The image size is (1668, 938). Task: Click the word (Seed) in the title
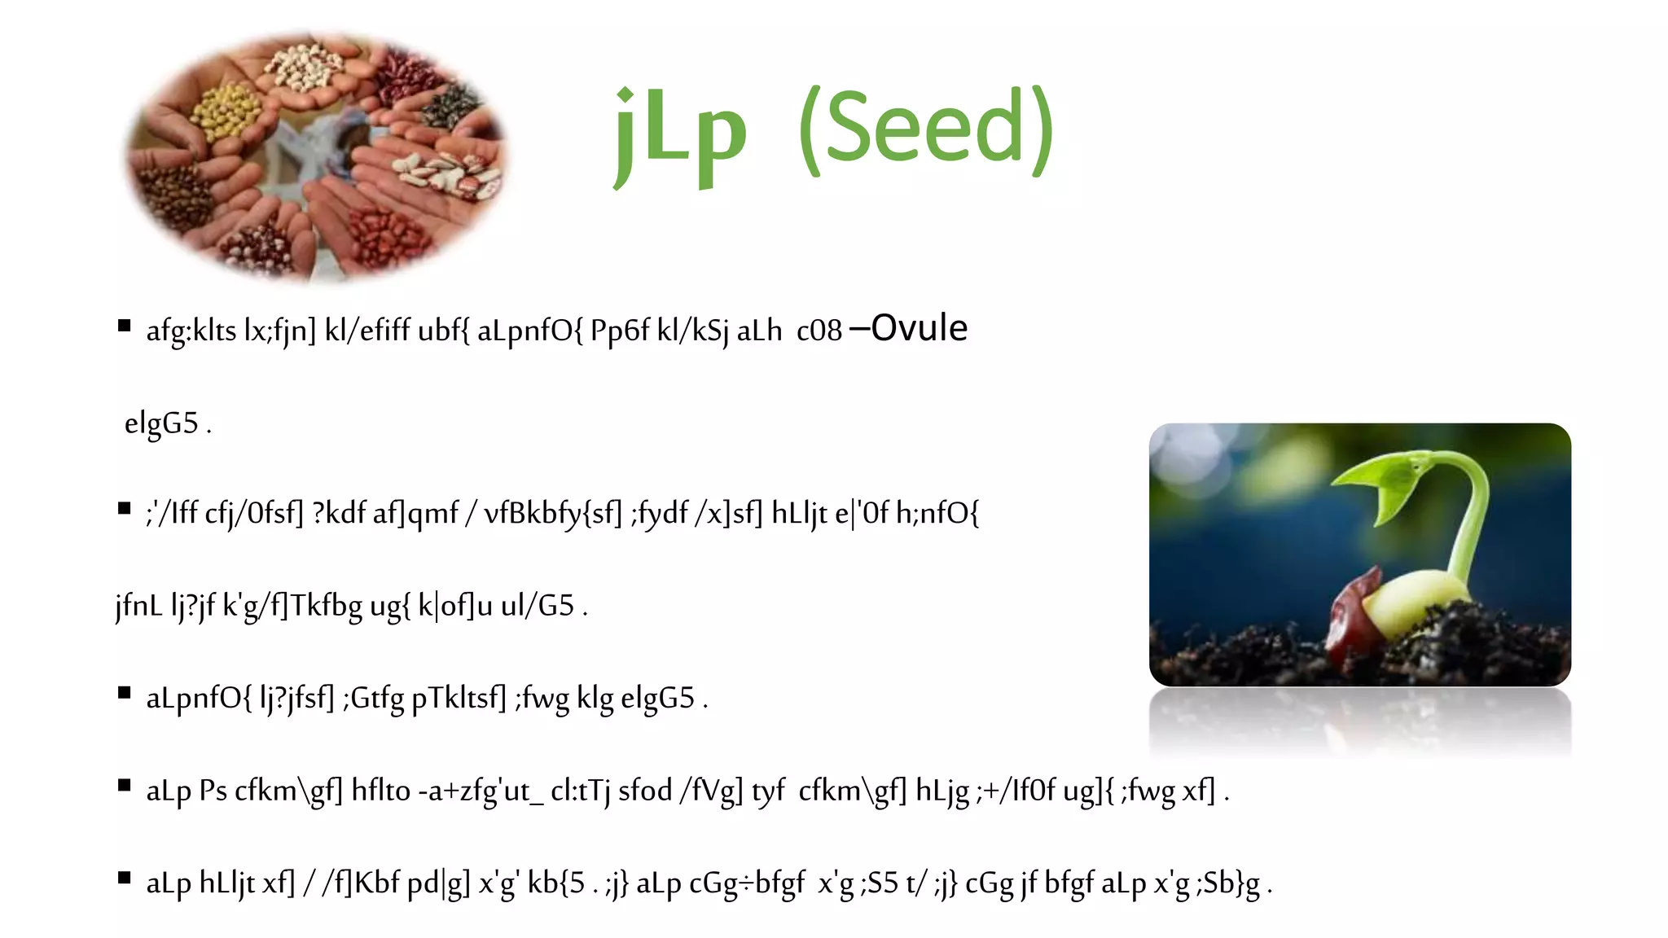pyautogui.click(x=927, y=130)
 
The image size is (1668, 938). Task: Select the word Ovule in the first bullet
pyautogui.click(x=919, y=328)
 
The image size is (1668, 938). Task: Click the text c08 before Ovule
pyautogui.click(x=819, y=331)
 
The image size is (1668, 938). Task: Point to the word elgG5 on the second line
pyautogui.click(x=161, y=423)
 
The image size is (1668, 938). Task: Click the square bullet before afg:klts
pyautogui.click(x=125, y=327)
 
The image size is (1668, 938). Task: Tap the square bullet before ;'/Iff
pyautogui.click(x=125, y=510)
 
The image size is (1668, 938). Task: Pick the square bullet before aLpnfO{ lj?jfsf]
pyautogui.click(x=125, y=694)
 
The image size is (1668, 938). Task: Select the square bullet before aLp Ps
pyautogui.click(x=125, y=786)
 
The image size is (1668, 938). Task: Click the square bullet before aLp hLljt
pyautogui.click(x=125, y=878)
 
